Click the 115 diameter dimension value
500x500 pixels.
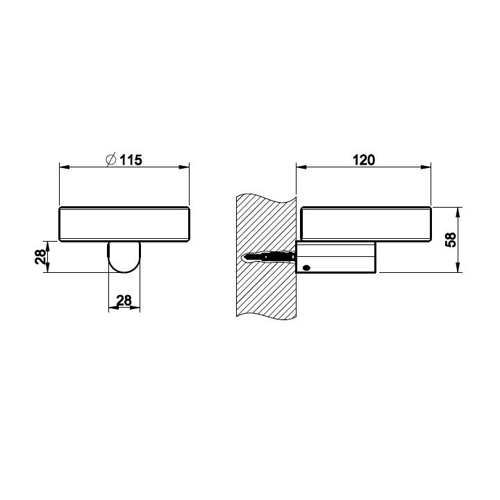coord(131,160)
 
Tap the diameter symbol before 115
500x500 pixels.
coord(110,160)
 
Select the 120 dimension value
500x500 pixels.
coord(364,160)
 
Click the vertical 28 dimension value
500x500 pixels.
coord(40,257)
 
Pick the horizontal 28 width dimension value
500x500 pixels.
coord(124,301)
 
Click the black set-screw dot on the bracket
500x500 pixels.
coord(306,268)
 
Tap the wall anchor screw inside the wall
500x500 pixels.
coord(269,257)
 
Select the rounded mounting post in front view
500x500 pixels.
coord(124,257)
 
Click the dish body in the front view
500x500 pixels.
coord(124,224)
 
